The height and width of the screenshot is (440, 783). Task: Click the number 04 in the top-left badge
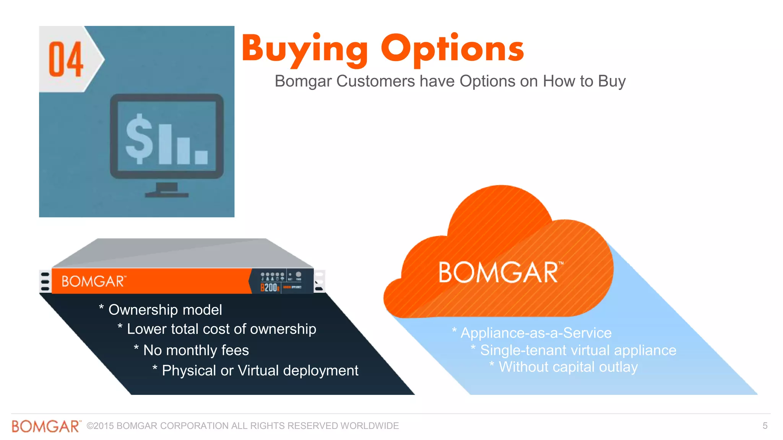66,59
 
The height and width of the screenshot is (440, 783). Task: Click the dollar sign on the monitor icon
140,139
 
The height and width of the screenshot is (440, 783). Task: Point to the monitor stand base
167,195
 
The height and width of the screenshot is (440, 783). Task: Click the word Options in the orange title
452,50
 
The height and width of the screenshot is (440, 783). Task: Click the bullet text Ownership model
165,310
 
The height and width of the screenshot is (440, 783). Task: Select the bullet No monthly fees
196,350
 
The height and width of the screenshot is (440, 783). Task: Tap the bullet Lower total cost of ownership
221,329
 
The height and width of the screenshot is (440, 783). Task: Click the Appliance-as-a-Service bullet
536,333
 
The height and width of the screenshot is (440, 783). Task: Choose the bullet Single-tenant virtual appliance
578,350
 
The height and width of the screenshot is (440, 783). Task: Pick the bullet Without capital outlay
568,367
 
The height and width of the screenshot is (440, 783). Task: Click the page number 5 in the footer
765,426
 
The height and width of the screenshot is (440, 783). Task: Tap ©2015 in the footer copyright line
100,426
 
